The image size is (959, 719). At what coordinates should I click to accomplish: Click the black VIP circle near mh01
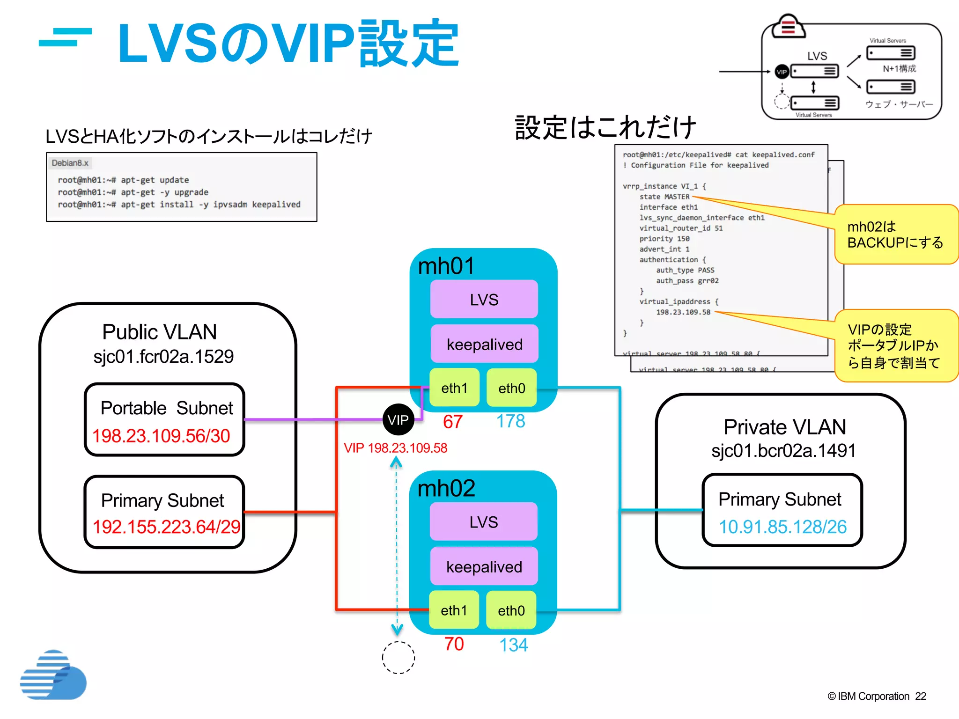click(398, 419)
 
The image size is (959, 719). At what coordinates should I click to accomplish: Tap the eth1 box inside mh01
click(454, 388)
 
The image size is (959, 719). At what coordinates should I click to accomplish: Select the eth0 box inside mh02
click(511, 610)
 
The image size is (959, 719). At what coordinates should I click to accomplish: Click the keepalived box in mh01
click(484, 345)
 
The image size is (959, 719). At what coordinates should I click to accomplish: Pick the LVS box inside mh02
click(484, 521)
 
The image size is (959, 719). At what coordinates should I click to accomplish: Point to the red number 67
click(452, 421)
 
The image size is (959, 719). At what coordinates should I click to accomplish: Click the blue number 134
click(513, 645)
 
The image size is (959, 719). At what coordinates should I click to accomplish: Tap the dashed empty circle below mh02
click(398, 657)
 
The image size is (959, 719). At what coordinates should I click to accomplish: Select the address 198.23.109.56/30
click(161, 436)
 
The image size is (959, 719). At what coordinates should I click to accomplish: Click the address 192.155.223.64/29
click(166, 527)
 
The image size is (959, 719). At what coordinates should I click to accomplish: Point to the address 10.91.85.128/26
click(782, 527)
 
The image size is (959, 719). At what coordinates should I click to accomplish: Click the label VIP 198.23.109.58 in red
click(395, 448)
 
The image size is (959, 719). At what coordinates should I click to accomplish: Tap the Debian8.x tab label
click(70, 163)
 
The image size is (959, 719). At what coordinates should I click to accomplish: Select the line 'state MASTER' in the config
click(664, 197)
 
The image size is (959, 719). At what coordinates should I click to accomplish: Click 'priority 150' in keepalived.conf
click(664, 239)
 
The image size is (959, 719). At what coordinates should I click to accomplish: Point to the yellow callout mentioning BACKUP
click(895, 235)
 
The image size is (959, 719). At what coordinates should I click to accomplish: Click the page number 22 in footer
click(920, 696)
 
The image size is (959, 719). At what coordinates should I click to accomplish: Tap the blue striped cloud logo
click(53, 675)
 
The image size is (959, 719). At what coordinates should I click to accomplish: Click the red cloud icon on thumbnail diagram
click(789, 26)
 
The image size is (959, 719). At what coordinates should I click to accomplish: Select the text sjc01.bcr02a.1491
click(783, 450)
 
